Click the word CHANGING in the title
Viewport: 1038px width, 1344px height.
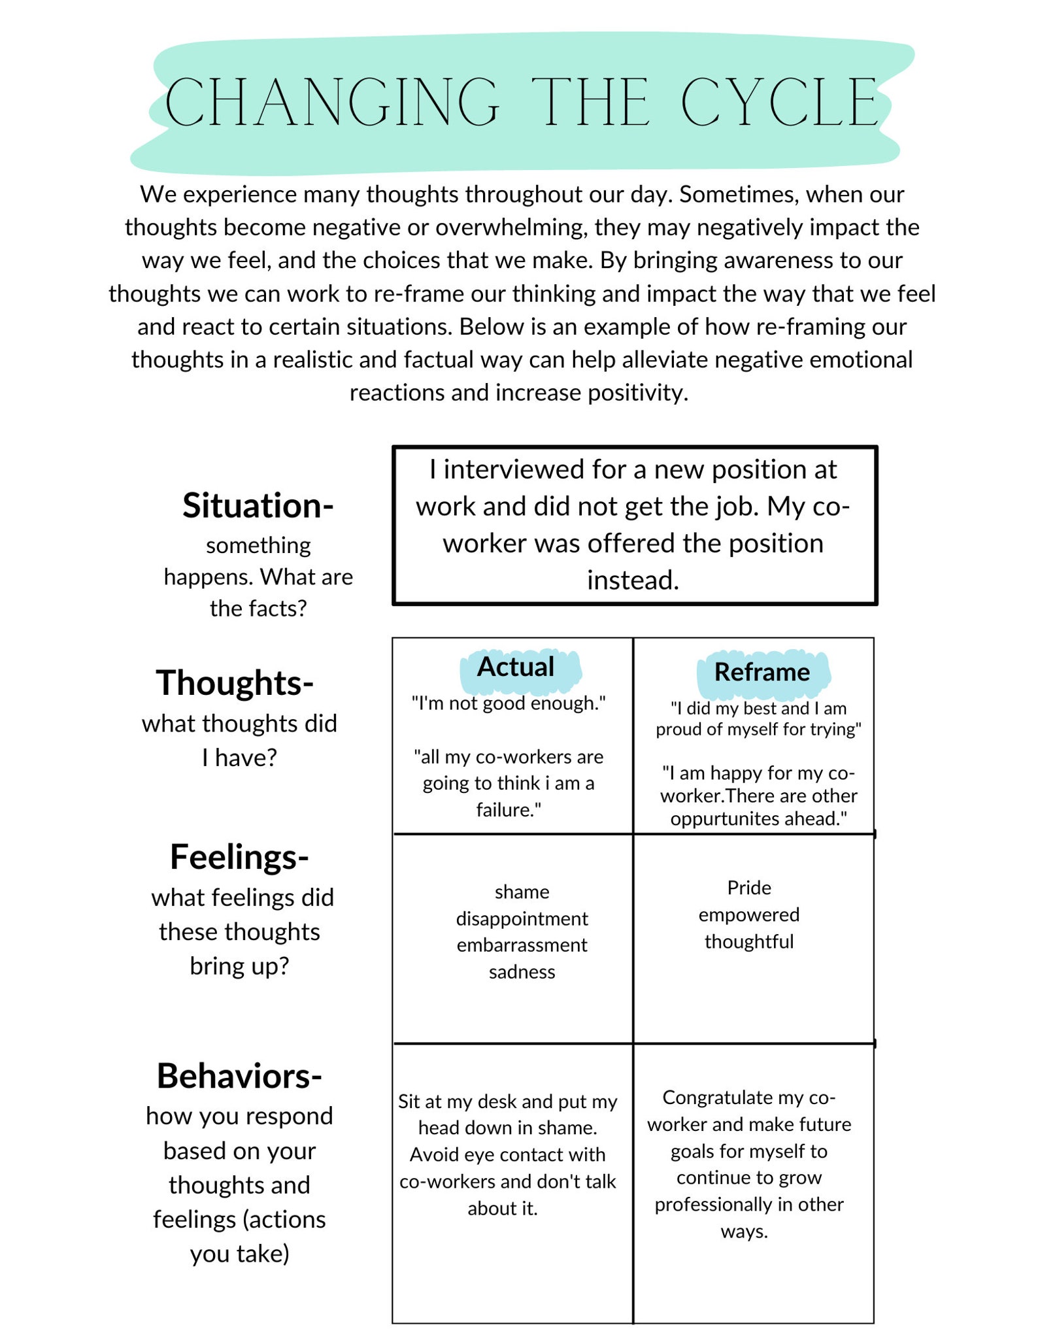click(x=332, y=103)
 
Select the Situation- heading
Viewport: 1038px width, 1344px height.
click(x=258, y=506)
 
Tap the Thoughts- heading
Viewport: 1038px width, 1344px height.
click(x=235, y=683)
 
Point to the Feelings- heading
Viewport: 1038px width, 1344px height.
click(x=239, y=857)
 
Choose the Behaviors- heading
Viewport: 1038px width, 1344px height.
click(x=239, y=1076)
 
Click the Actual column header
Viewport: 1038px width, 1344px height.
click(x=516, y=667)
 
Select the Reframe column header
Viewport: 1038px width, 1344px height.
click(x=762, y=672)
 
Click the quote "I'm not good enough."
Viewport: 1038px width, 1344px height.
click(x=509, y=703)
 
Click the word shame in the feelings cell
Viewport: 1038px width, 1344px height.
click(x=522, y=892)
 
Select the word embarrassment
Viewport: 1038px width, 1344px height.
click(x=522, y=945)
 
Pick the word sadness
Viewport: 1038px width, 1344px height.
click(x=522, y=972)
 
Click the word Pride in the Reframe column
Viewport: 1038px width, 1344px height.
click(x=749, y=888)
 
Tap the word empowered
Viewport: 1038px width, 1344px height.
click(x=749, y=915)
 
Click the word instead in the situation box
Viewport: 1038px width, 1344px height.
click(x=633, y=580)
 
